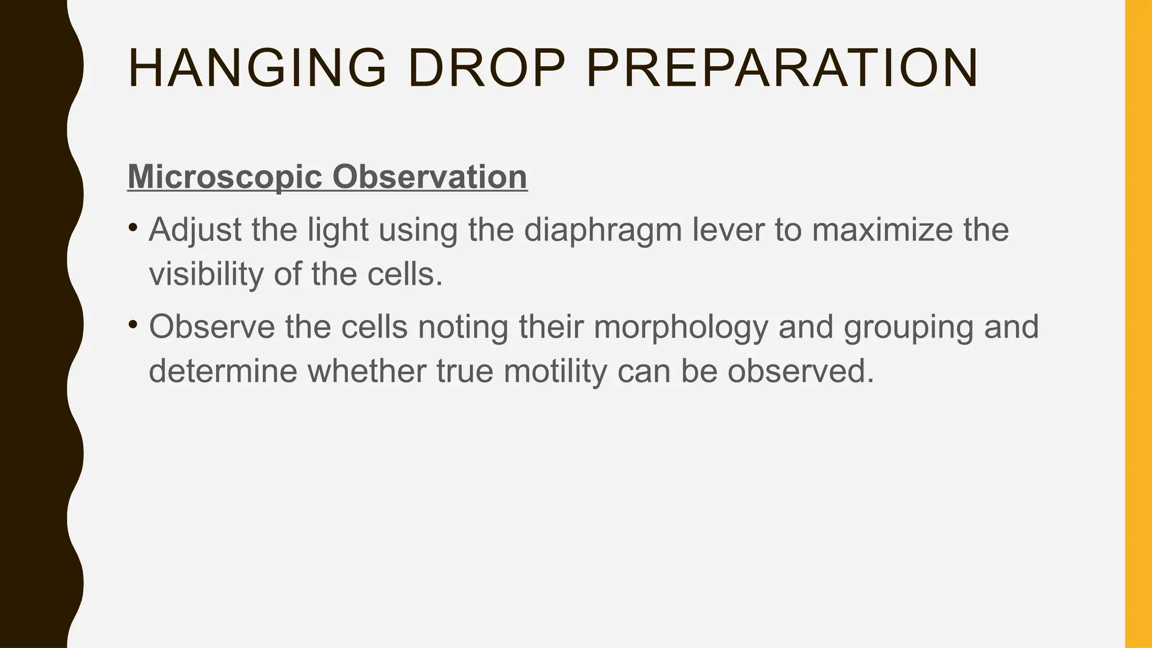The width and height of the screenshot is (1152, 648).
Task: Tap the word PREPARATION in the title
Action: [x=782, y=69]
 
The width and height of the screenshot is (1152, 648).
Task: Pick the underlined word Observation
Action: [x=430, y=177]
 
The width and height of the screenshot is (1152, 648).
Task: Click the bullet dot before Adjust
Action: [x=133, y=228]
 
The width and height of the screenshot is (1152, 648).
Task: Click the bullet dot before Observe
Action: [x=133, y=325]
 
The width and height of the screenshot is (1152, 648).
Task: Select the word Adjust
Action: [x=195, y=230]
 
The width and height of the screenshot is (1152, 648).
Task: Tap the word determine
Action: [x=223, y=371]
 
